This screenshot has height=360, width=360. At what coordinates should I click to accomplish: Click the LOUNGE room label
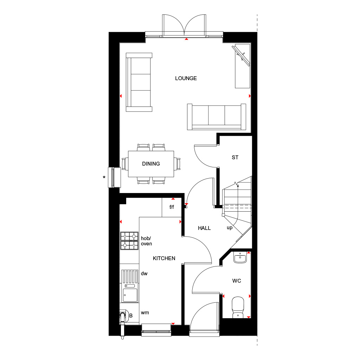point(186,78)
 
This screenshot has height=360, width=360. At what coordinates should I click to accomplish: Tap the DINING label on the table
point(151,164)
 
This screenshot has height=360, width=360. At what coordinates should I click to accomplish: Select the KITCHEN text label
point(164,258)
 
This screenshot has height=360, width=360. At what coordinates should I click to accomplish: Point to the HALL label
point(204,228)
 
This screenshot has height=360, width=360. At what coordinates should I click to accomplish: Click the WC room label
point(236,281)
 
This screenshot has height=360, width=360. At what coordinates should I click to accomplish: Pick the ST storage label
point(235,157)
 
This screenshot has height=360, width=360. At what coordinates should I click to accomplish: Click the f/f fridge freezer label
point(172,207)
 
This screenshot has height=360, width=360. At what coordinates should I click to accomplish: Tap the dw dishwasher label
point(144,273)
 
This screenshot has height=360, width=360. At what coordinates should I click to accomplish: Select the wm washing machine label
point(145,313)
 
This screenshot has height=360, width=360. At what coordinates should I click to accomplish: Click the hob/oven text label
point(146,241)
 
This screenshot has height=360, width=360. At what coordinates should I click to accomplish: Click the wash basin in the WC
point(240,258)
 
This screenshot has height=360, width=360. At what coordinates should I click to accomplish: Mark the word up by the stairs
point(230,228)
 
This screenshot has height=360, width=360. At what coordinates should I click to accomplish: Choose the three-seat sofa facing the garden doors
point(217,117)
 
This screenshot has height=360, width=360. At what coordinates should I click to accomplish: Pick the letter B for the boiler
point(131,316)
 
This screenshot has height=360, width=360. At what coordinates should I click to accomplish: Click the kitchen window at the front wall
point(156,329)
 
